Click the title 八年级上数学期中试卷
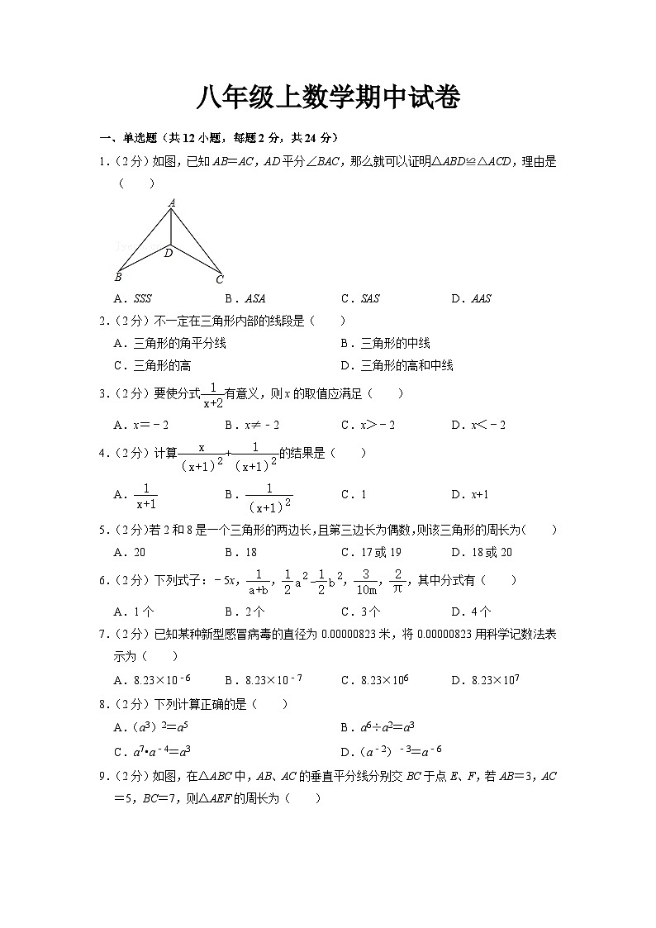coord(327,98)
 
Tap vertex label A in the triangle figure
coord(172,202)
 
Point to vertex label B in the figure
coord(119,278)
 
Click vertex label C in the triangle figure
coord(220,279)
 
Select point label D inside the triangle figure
coord(169,253)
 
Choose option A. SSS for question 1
coord(133,298)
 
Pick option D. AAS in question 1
coord(471,298)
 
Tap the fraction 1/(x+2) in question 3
coord(212,395)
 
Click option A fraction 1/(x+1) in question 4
coord(145,494)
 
